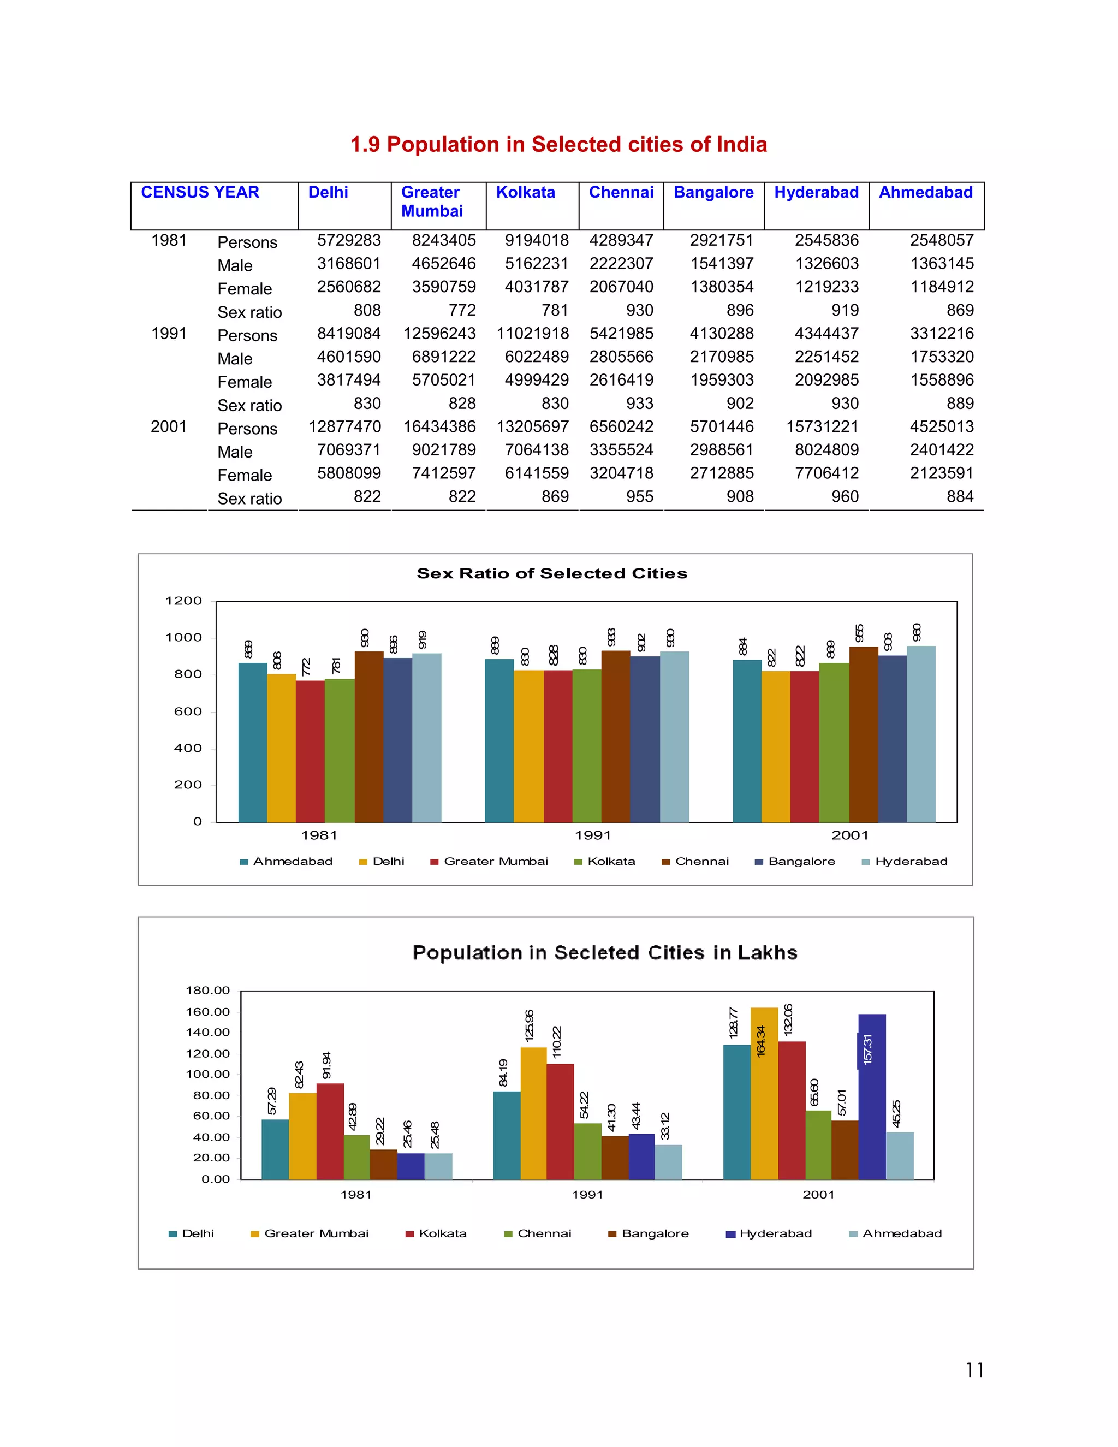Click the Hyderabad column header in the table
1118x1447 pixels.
[816, 193]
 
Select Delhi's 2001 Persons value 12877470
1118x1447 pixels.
[344, 426]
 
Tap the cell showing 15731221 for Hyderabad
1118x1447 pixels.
[822, 426]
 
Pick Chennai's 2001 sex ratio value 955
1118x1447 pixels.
[639, 497]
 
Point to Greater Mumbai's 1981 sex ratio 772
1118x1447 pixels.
[462, 310]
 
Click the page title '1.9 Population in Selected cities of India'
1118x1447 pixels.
[558, 145]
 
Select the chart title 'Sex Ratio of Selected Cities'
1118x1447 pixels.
[552, 574]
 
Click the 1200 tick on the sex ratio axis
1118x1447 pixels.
[183, 601]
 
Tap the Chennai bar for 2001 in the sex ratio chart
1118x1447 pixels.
[863, 736]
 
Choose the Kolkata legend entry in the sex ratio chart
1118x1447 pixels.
[605, 861]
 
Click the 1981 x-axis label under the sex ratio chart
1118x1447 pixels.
[319, 835]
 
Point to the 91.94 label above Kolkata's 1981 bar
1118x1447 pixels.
[326, 1065]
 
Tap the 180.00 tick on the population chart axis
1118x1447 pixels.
[207, 991]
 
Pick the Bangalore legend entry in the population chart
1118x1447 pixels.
[649, 1233]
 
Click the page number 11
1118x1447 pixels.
[974, 1370]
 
